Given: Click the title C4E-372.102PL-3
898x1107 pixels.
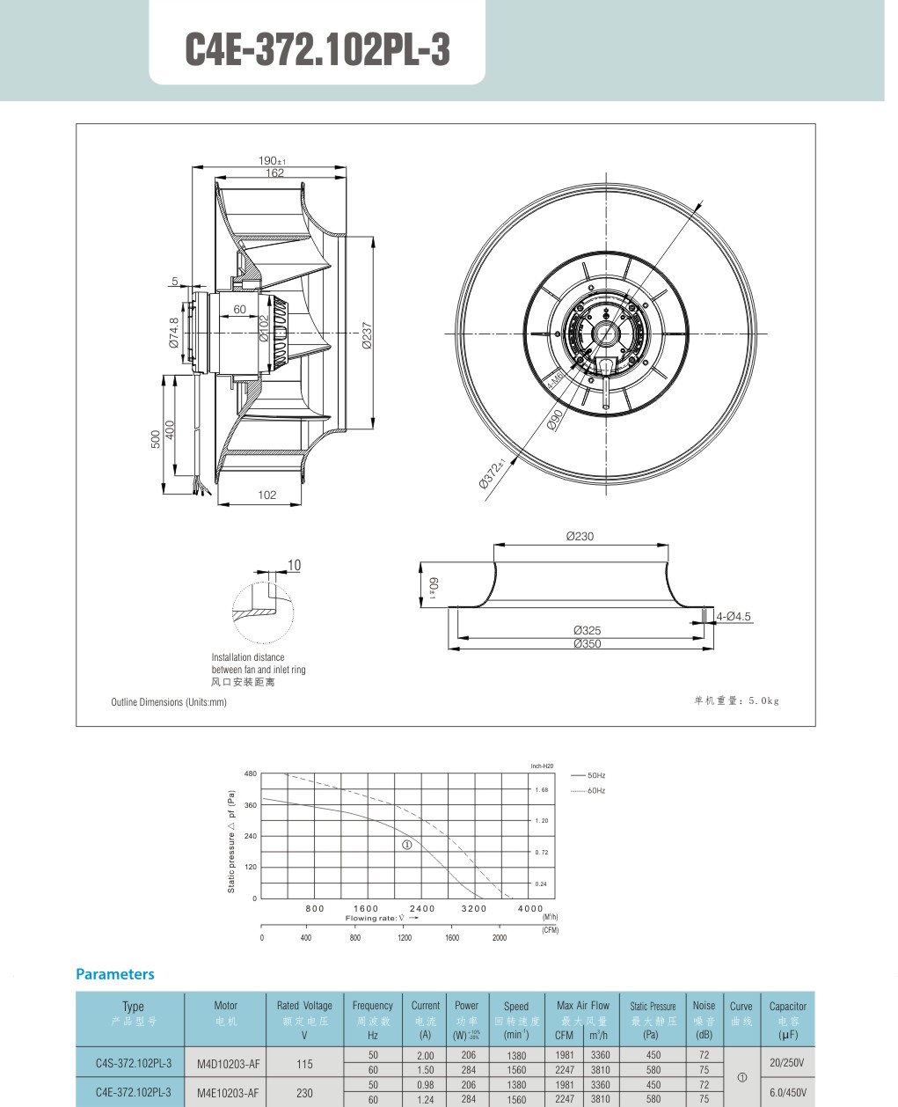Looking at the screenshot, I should pyautogui.click(x=317, y=50).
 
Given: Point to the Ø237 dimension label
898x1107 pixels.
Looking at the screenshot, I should pyautogui.click(x=367, y=334).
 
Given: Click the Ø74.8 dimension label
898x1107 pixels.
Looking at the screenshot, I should pyautogui.click(x=174, y=333).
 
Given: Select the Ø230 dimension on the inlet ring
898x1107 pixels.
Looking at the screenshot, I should pyautogui.click(x=580, y=536).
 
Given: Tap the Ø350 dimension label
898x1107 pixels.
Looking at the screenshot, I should pyautogui.click(x=587, y=643).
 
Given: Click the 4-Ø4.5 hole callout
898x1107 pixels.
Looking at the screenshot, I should pyautogui.click(x=734, y=617).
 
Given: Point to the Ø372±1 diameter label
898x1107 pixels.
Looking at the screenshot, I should pyautogui.click(x=493, y=473).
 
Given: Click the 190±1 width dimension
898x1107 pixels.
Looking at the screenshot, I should pyautogui.click(x=272, y=161).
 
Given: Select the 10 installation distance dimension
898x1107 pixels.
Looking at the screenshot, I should pyautogui.click(x=294, y=565).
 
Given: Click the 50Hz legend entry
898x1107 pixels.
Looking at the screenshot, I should pyautogui.click(x=595, y=775).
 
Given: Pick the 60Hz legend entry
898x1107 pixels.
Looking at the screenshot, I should pyautogui.click(x=595, y=790).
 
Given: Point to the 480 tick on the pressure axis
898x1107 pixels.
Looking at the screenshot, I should pyautogui.click(x=251, y=773).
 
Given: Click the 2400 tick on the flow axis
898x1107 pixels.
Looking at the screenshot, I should pyautogui.click(x=422, y=908).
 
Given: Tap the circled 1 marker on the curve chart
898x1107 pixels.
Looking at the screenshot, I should pyautogui.click(x=407, y=845).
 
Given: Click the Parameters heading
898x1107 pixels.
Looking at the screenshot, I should pyautogui.click(x=115, y=974).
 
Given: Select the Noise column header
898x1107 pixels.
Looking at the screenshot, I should pyautogui.click(x=704, y=1005).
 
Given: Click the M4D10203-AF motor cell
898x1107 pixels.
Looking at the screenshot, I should pyautogui.click(x=229, y=1063).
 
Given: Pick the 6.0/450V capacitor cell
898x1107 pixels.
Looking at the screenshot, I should pyautogui.click(x=786, y=1092).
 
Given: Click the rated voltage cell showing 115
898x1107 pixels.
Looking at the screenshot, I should pyautogui.click(x=304, y=1063).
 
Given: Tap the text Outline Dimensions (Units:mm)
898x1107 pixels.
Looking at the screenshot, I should pyautogui.click(x=169, y=702).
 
